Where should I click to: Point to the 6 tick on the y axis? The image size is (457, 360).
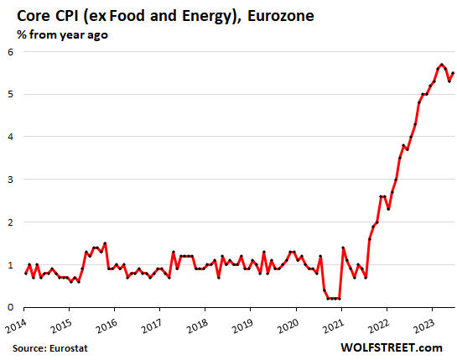point(11,52)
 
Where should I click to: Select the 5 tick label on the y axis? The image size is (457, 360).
point(11,94)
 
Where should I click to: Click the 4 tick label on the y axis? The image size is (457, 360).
point(11,137)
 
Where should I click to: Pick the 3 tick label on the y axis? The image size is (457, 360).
point(11,180)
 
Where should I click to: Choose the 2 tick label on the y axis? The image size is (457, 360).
point(11,222)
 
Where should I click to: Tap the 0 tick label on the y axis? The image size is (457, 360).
point(11,307)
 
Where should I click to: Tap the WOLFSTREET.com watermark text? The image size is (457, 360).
point(399,345)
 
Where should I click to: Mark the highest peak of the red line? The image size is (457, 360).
point(441,64)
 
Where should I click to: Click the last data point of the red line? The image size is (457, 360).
point(453,73)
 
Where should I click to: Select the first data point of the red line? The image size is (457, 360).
point(25,274)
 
